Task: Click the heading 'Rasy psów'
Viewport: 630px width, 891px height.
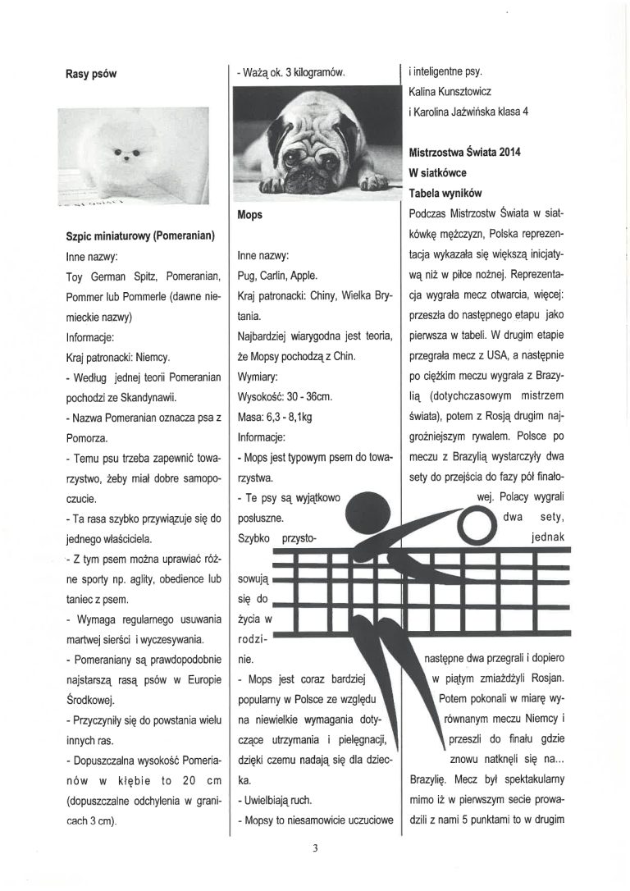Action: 92,73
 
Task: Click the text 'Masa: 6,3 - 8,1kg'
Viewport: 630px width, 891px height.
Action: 273,416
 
